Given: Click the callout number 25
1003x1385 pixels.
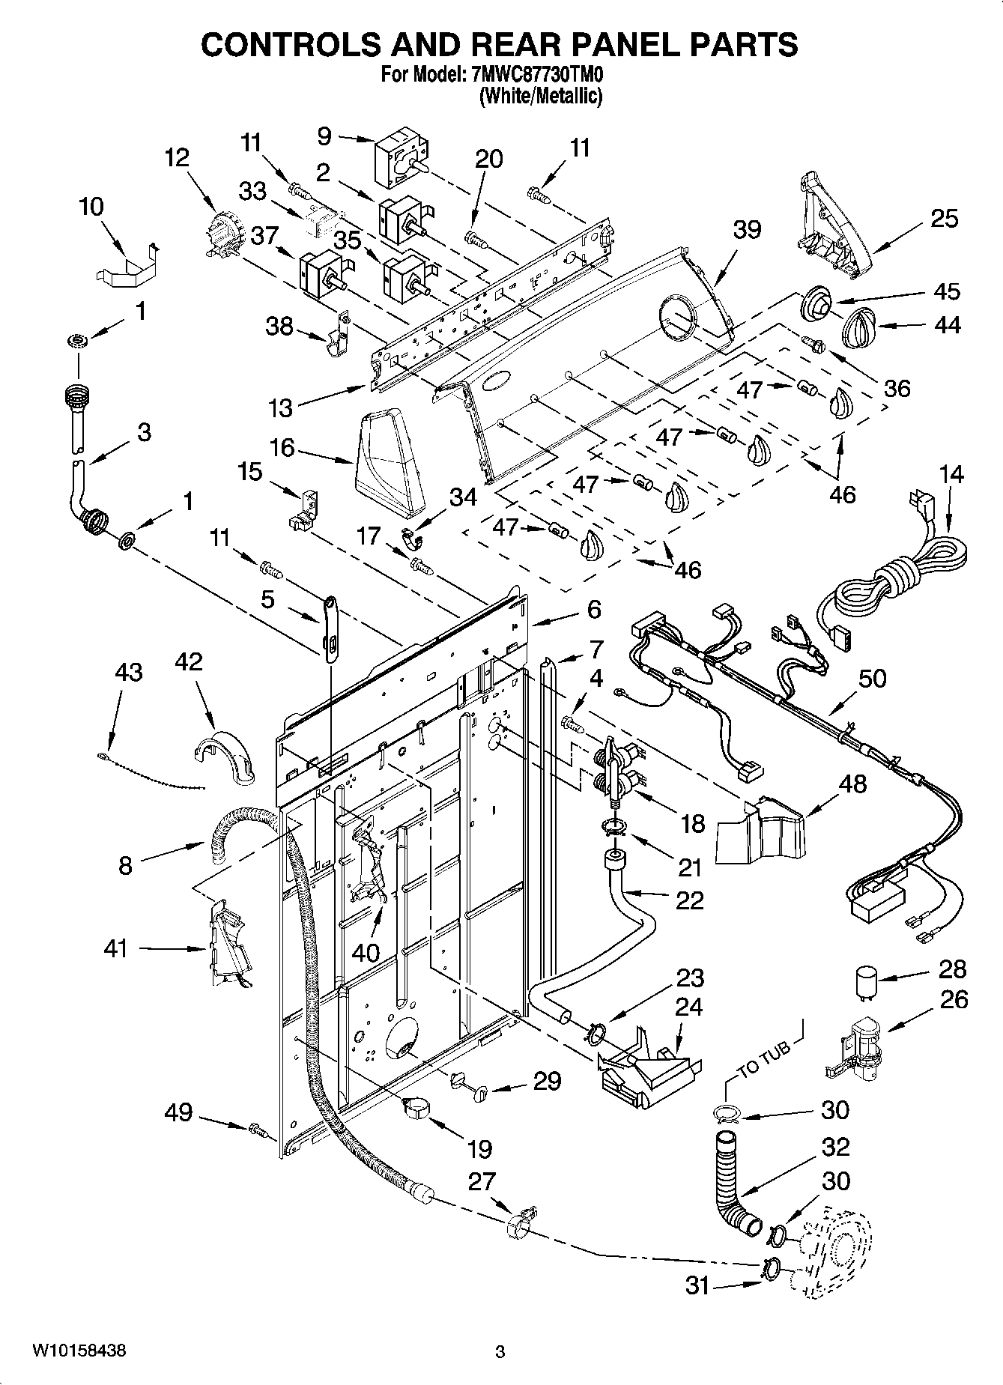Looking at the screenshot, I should pyautogui.click(x=944, y=219).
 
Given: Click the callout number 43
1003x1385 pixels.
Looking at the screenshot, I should pyautogui.click(x=128, y=672).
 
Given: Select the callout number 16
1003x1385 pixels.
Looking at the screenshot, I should pyautogui.click(x=282, y=448).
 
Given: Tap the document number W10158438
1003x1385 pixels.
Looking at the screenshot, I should pyautogui.click(x=78, y=1351).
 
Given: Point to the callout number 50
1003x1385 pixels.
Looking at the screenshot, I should pyautogui.click(x=873, y=678).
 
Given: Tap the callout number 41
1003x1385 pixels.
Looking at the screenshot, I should pyautogui.click(x=116, y=949).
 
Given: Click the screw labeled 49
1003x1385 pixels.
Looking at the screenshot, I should pyautogui.click(x=259, y=1128).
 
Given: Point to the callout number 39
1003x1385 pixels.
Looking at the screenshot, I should pyautogui.click(x=746, y=230).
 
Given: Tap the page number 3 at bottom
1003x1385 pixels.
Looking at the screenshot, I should pyautogui.click(x=500, y=1352).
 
